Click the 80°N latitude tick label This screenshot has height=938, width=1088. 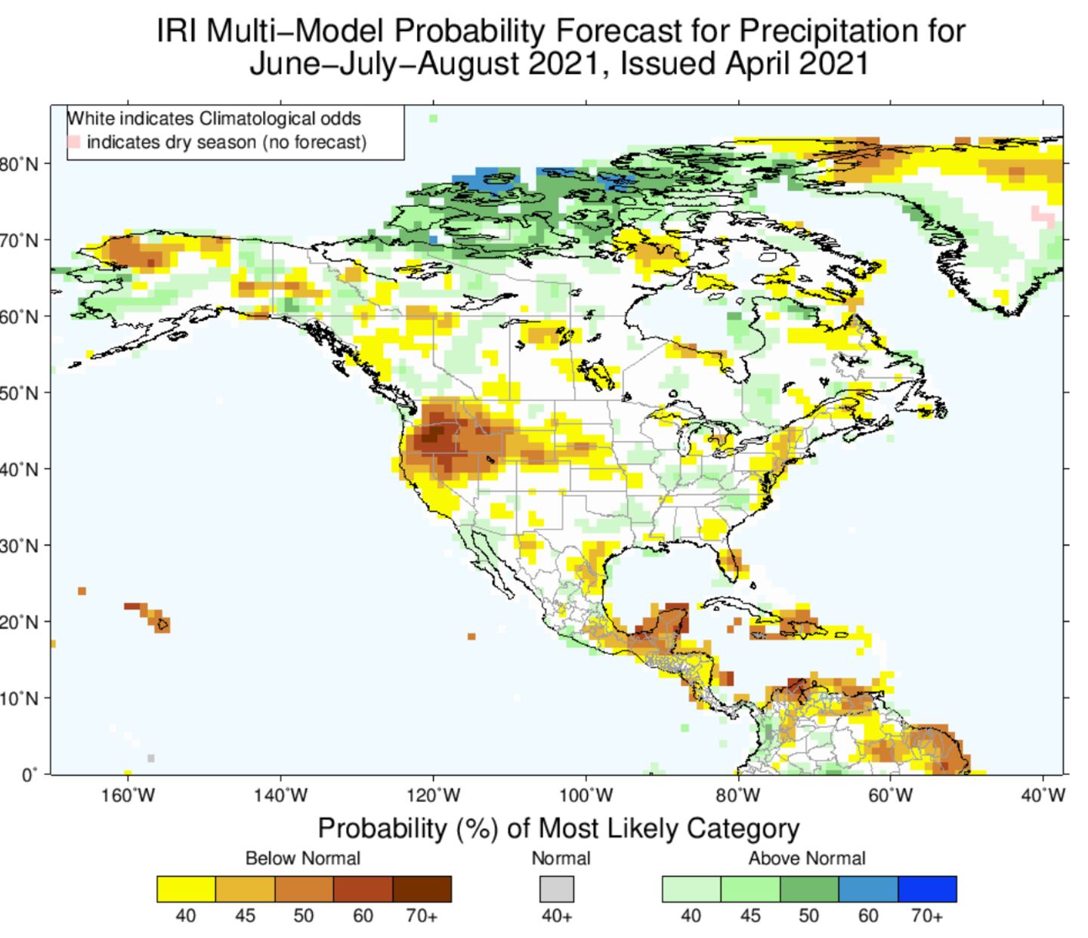click(x=20, y=164)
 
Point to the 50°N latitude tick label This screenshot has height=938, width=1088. click(x=20, y=393)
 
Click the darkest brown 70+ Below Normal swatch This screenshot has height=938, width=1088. click(x=422, y=889)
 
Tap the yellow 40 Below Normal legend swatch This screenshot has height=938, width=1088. click(x=186, y=889)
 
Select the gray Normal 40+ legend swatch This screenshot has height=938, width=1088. click(x=557, y=889)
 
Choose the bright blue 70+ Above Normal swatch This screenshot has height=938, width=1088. click(x=927, y=889)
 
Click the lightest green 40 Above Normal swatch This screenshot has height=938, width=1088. click(x=691, y=889)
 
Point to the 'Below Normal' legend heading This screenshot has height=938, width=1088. click(x=303, y=858)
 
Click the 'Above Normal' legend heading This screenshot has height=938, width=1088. click(x=807, y=858)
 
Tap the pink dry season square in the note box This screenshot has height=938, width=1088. click(x=74, y=142)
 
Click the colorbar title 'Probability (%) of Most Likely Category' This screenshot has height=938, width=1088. click(x=558, y=828)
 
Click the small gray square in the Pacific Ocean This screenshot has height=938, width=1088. click(x=151, y=757)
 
